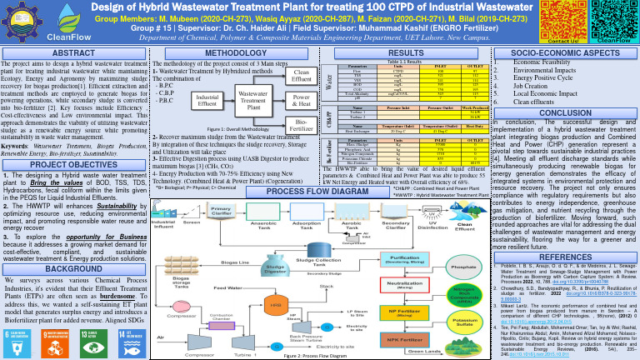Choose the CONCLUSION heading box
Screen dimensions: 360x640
coord(560,112)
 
